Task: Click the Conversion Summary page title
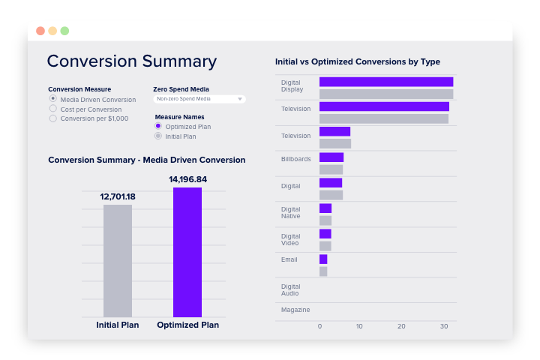tap(131, 61)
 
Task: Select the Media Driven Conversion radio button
tap(53, 98)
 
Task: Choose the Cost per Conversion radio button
tap(53, 108)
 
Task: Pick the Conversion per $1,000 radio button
tap(53, 118)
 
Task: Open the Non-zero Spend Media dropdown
tap(199, 98)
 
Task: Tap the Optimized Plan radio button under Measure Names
tap(158, 126)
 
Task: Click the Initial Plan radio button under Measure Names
tap(158, 136)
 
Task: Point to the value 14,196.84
tap(187, 179)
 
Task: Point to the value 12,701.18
tap(118, 196)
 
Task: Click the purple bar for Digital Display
tap(385, 82)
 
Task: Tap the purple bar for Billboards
tap(331, 157)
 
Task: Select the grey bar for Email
tap(323, 271)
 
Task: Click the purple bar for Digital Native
tap(325, 208)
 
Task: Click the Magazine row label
tap(295, 310)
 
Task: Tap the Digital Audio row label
tap(291, 289)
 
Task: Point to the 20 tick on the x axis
tap(402, 326)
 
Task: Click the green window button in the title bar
tap(64, 31)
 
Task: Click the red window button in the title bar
tap(40, 31)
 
